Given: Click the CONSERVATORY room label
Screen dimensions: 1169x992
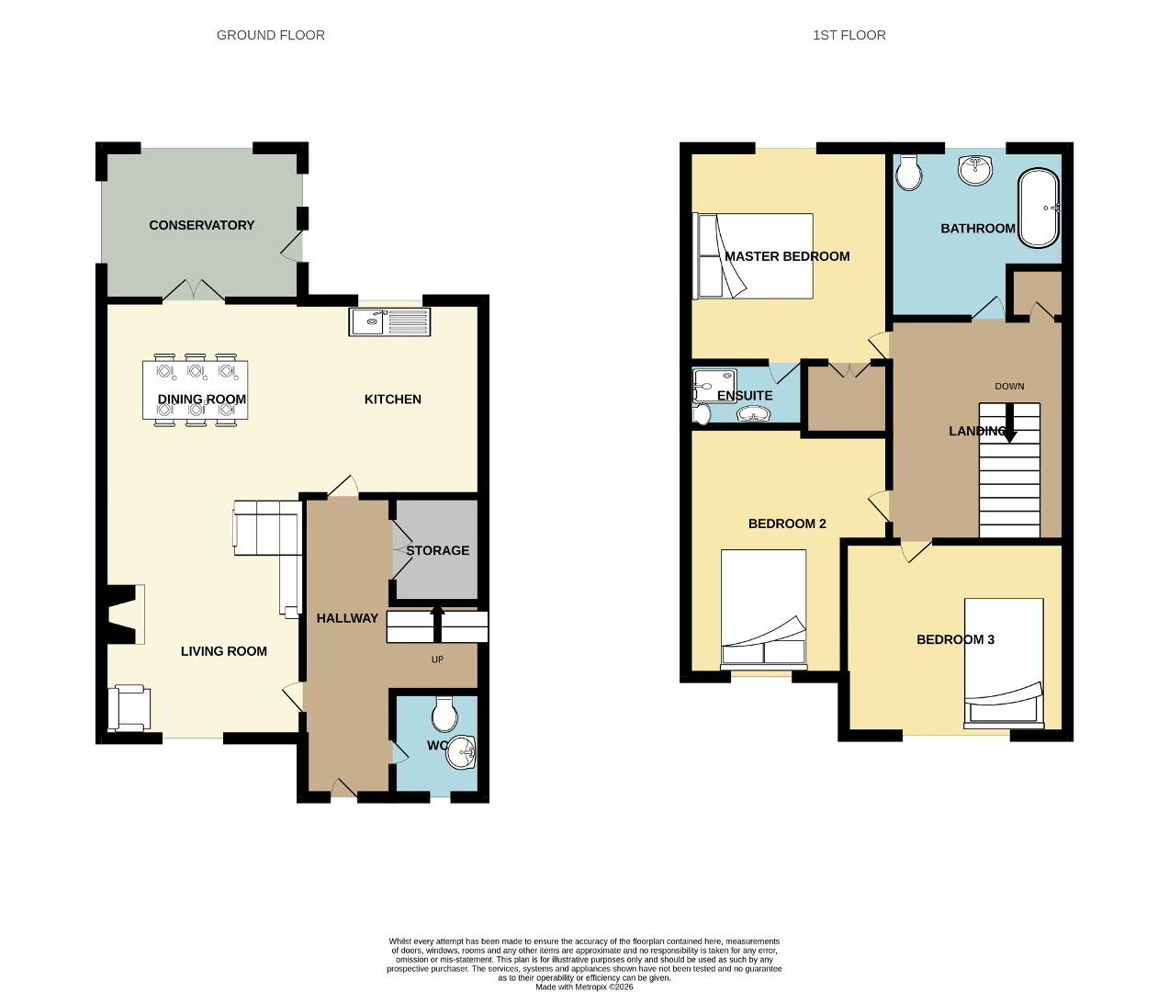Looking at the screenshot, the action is coord(201,225).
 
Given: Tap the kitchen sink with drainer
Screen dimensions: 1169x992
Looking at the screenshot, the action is coord(389,321).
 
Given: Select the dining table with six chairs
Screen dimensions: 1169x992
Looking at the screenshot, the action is coord(195,390).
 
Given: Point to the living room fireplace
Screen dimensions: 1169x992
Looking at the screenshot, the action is coord(121,614).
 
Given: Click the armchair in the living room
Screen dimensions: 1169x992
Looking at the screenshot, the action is coord(129,707).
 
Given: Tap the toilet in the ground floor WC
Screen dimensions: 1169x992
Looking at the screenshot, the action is coord(444,715).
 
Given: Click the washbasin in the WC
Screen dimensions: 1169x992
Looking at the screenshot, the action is coord(461,752).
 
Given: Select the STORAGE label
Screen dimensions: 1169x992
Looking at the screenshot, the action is coord(438,550).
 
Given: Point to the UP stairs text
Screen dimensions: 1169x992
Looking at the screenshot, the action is coord(437,659).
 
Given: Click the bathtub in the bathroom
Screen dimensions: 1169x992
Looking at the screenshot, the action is coord(1039,208).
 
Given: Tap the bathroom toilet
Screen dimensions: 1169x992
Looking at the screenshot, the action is coord(909,173).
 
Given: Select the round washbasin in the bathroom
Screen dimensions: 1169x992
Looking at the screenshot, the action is coord(975,170).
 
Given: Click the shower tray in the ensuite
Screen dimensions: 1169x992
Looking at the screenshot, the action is coord(714,386).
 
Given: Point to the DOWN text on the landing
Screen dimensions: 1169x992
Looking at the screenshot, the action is coord(1009,387).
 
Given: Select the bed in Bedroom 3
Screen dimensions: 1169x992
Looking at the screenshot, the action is coord(1004,663).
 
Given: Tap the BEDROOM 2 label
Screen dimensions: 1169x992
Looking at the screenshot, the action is coord(787,524).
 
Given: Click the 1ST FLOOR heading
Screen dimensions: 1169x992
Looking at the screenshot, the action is coord(849,35).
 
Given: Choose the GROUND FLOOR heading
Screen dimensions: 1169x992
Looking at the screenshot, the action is coord(270,35).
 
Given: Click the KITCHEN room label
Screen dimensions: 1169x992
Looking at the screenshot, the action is coord(392,400).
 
